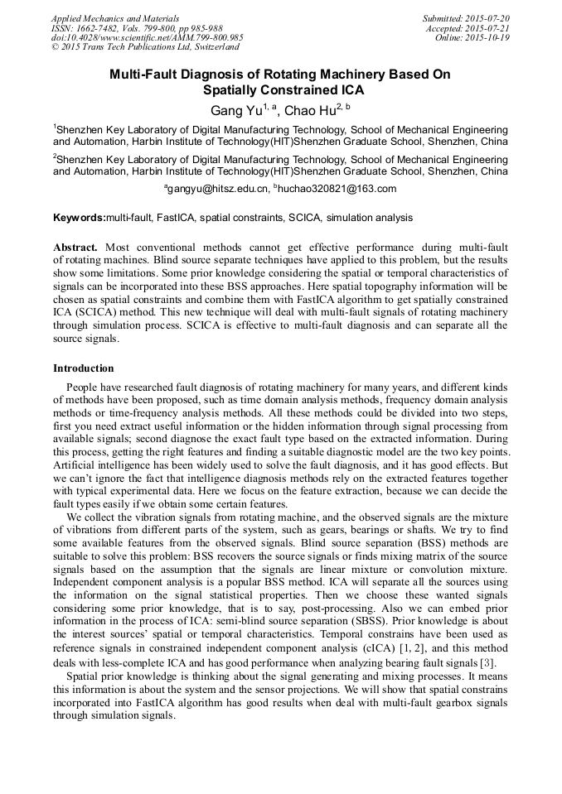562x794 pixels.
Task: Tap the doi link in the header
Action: (x=148, y=37)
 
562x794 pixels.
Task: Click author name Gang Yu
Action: (x=236, y=110)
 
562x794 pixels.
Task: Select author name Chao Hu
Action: (x=312, y=110)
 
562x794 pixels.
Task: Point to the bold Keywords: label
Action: (x=80, y=218)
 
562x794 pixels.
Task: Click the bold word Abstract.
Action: (x=75, y=248)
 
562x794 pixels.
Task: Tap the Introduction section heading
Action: (x=84, y=368)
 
